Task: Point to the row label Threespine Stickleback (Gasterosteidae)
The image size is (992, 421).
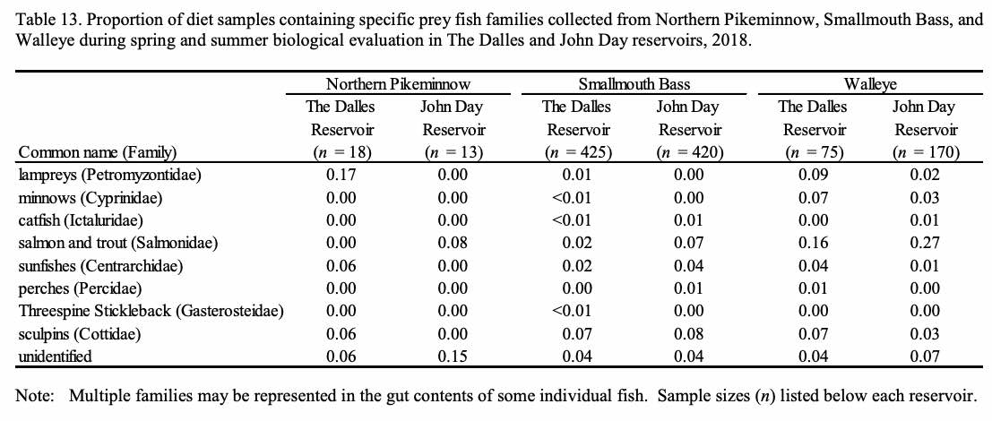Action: pyautogui.click(x=151, y=311)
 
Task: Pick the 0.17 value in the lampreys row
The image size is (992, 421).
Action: pyautogui.click(x=339, y=175)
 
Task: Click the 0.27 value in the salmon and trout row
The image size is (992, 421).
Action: pyautogui.click(x=925, y=243)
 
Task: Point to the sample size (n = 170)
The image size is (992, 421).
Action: pyautogui.click(x=925, y=151)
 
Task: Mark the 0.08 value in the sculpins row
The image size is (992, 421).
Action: pyautogui.click(x=688, y=334)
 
